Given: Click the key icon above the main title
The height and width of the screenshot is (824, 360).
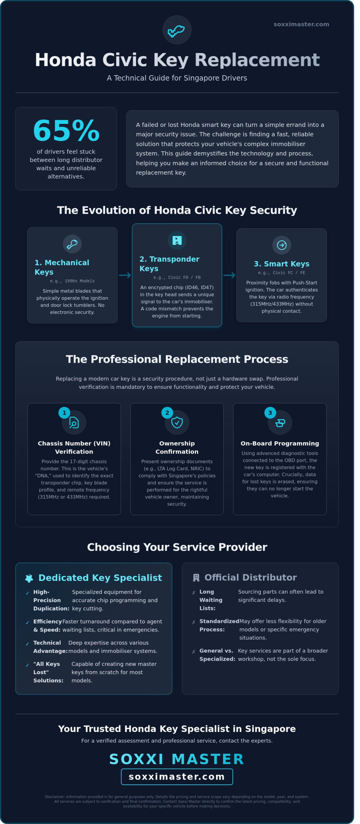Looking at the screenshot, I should coord(177,30).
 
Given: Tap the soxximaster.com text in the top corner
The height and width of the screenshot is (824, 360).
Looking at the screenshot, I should coord(301,24).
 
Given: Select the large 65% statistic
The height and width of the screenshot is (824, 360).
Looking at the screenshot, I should coord(66,130).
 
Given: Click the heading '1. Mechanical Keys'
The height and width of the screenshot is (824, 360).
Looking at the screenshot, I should coord(62,267).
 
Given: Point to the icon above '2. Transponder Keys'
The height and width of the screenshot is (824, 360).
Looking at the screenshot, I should coord(177,240).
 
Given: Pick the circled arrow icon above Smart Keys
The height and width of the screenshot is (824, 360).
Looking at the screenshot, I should coord(281,245).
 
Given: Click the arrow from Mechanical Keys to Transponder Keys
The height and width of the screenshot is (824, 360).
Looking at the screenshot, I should coord(125,275).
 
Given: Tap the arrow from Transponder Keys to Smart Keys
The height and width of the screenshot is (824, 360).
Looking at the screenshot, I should coord(229,275).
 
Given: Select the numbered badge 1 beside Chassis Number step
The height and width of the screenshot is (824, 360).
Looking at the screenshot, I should coord(64,413).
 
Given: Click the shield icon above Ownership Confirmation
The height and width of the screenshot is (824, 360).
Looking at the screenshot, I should coord(177,423).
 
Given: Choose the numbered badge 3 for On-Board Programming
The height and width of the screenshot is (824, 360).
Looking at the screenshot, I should coord(270,413).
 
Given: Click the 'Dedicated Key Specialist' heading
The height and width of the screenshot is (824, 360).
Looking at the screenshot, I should coord(100,578).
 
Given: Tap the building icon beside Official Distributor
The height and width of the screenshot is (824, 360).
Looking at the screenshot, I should coord(196,578).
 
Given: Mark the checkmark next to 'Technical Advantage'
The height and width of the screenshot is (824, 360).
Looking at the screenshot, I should coord(28,644).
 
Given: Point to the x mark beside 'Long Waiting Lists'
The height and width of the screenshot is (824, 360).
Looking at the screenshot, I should coord(194,593).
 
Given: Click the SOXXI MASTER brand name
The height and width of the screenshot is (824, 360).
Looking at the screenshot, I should coord(176,759).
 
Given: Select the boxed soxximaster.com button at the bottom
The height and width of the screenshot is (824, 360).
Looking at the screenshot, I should coord(177,777).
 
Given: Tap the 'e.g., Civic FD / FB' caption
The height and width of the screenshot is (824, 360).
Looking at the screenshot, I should coord(177,277).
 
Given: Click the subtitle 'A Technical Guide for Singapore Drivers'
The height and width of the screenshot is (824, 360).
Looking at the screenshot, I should coord(177,78).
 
